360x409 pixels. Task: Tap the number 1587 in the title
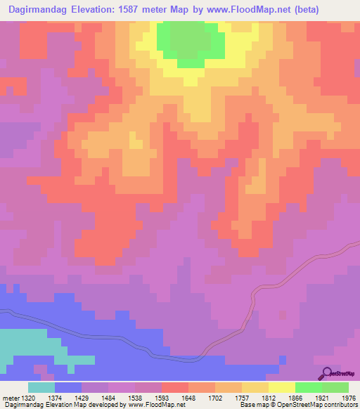pyautogui.click(x=126, y=10)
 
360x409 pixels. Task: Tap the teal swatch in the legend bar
pyautogui.click(x=41, y=387)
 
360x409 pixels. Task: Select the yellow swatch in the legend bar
pyautogui.click(x=282, y=387)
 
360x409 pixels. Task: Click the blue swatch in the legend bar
pyautogui.click(x=68, y=387)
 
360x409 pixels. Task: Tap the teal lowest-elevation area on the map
pyautogui.click(x=28, y=344)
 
